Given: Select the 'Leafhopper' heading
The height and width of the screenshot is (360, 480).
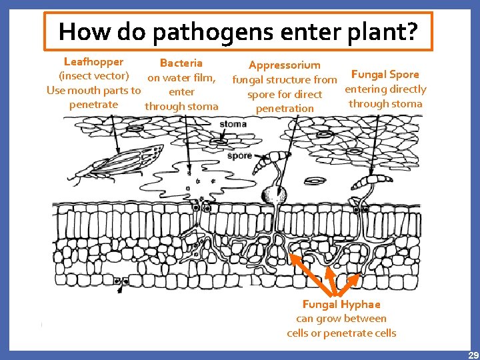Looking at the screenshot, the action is tap(93, 62).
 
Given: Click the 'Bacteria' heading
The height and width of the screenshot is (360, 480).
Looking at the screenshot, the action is tap(181, 63).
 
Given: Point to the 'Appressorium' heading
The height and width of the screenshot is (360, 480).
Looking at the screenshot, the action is tap(284, 65).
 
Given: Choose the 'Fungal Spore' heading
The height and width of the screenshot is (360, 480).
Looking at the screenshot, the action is tap(385, 74).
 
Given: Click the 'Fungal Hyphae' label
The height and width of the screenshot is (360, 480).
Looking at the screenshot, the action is tap(341, 305).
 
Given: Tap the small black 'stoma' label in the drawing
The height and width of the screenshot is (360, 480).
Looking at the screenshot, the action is tap(233, 124).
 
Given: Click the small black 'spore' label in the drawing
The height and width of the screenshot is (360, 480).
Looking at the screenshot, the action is tap(240, 156).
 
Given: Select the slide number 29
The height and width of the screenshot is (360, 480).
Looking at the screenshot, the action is tap(473, 355).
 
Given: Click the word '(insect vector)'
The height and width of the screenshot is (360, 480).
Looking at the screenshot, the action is tap(94, 76).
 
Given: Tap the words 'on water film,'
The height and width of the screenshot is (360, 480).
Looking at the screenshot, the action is tap(181, 77).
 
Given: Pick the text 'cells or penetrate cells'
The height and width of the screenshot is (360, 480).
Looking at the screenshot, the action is tap(341, 333).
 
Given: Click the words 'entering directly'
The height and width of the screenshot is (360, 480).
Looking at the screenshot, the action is tap(385, 89).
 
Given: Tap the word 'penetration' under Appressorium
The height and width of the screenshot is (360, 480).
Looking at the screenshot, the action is tap(284, 109).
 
